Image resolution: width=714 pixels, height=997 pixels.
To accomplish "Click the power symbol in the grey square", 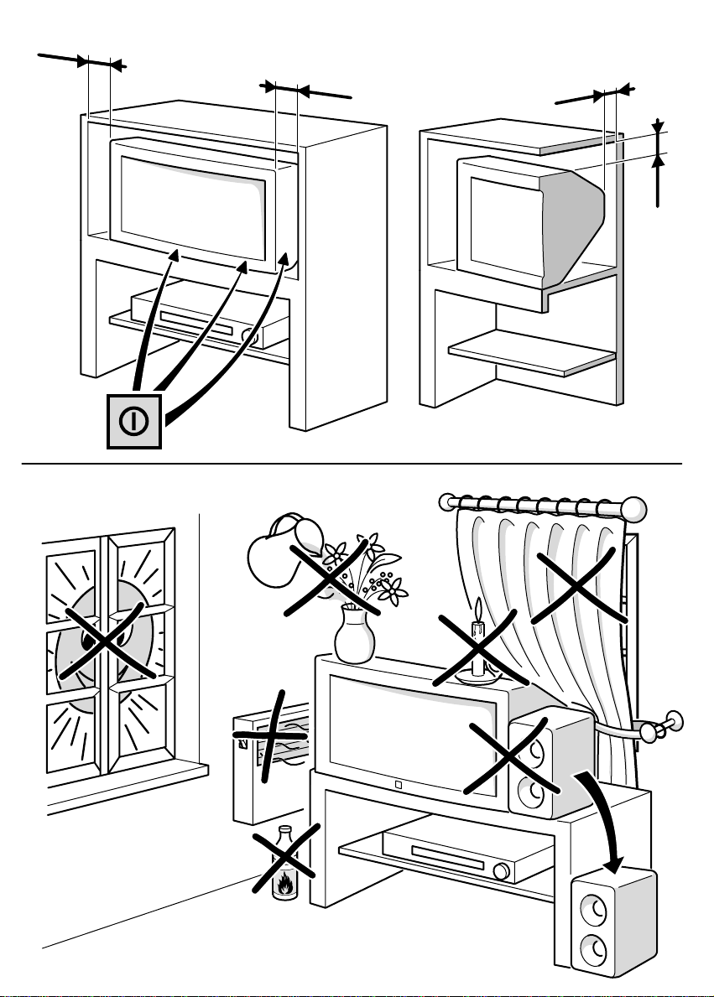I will pos(136,421).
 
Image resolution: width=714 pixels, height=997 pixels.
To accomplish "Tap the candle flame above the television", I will pos(479,605).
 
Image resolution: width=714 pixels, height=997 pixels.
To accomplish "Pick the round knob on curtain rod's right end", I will pos(637,508).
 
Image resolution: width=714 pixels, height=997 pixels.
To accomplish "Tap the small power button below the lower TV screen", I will pos(398,785).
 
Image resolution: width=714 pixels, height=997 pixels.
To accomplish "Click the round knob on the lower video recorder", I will pos(501,871).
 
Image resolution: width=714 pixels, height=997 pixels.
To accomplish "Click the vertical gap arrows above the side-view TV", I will pos(658,143).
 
